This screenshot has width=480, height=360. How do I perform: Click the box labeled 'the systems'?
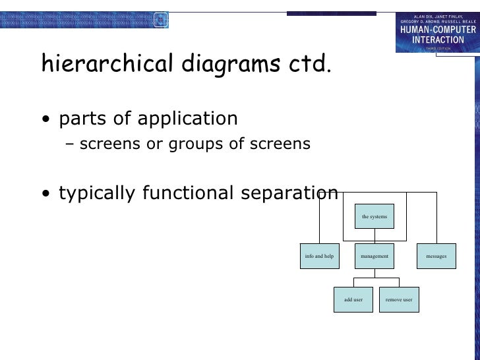(375, 216)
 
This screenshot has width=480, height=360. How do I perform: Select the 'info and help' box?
(319, 256)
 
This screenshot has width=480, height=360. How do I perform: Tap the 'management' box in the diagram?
(375, 256)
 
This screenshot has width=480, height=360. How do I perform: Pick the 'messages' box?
(436, 256)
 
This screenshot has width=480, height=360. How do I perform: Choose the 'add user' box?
(353, 299)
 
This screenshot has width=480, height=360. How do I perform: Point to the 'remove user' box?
(399, 299)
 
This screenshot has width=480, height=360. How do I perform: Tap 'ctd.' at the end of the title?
(311, 65)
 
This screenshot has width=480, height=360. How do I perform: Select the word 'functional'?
(191, 193)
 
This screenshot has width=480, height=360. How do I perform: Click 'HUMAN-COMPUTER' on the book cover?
(437, 29)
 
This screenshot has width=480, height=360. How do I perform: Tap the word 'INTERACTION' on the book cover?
(437, 39)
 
